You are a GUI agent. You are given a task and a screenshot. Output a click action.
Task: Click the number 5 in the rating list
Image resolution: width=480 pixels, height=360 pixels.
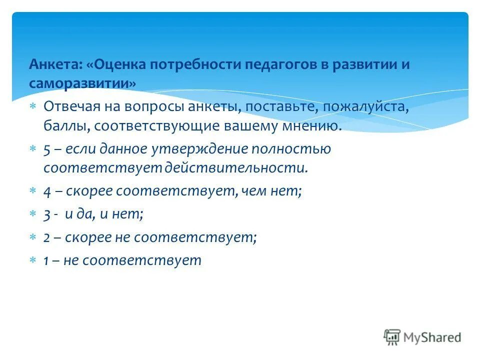click(x=47, y=149)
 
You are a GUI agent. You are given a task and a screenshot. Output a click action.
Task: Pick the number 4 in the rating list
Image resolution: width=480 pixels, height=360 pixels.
click(x=47, y=191)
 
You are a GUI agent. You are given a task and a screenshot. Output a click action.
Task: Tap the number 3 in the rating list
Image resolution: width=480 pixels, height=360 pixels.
click(x=47, y=214)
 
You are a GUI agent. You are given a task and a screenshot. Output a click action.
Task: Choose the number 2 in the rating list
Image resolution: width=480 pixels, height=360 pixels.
click(x=46, y=237)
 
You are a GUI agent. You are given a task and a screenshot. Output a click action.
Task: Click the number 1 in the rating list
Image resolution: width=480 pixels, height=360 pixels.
click(x=46, y=260)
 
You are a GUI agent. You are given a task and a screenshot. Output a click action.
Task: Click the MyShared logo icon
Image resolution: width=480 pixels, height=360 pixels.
click(x=392, y=337)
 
